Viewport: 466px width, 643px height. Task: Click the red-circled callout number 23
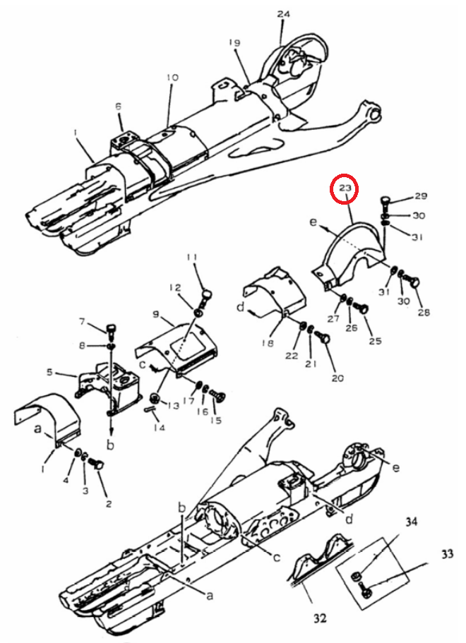click(345, 188)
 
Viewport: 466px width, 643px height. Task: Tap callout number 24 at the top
click(283, 14)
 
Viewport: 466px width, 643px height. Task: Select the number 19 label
click(234, 42)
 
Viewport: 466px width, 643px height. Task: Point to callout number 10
click(173, 77)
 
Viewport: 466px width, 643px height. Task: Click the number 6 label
click(119, 107)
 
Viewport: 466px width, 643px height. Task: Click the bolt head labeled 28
click(412, 282)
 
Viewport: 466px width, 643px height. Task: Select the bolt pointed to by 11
click(206, 296)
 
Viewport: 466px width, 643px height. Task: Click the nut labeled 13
click(155, 397)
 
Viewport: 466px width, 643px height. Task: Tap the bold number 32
click(320, 618)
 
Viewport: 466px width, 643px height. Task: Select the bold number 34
click(412, 522)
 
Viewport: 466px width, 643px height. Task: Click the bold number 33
click(447, 555)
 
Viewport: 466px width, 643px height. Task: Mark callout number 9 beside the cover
click(155, 315)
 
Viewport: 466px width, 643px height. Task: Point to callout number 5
click(49, 373)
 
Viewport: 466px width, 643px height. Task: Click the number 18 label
click(268, 343)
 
